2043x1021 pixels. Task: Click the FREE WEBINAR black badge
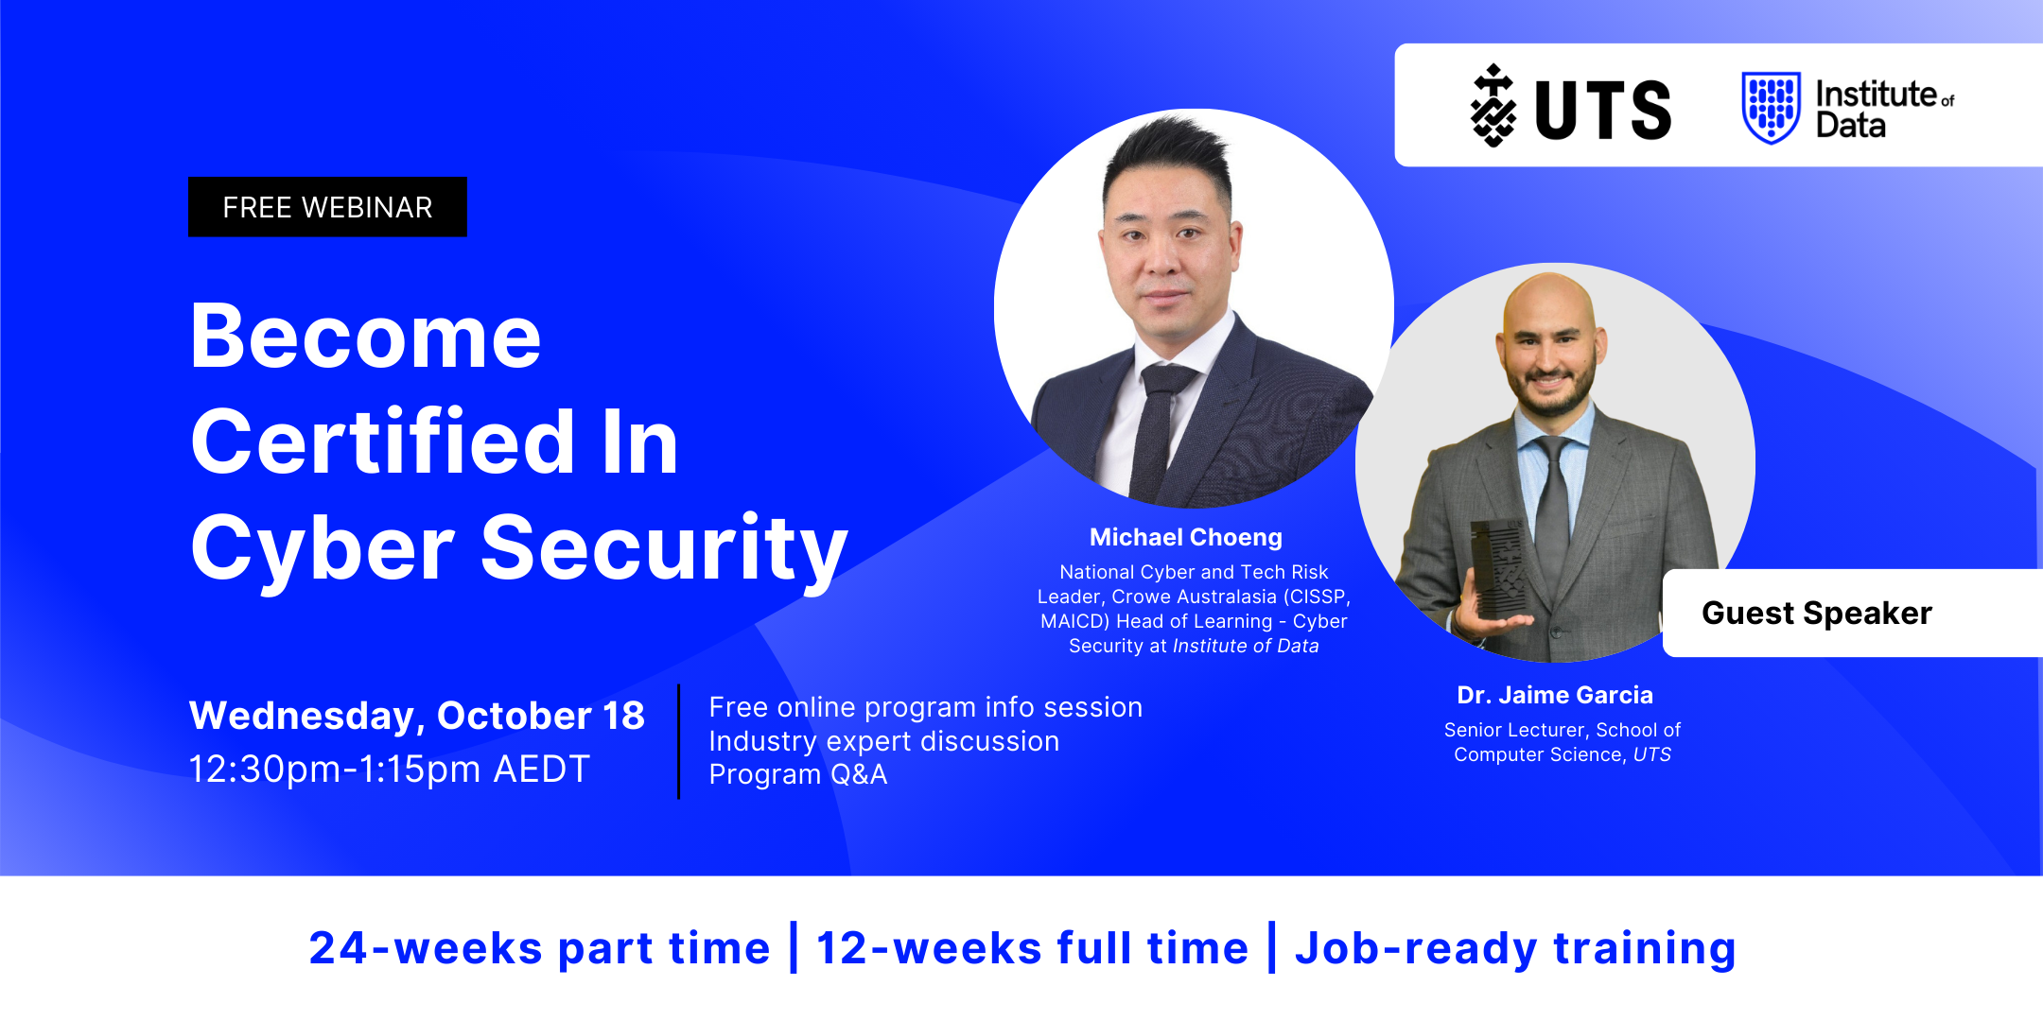coord(327,207)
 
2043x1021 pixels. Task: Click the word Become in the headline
coord(366,337)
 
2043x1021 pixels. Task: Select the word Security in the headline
coord(664,549)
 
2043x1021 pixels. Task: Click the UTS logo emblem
coord(1493,106)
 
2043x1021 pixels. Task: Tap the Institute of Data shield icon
coord(1771,108)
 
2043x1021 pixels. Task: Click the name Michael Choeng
coord(1186,537)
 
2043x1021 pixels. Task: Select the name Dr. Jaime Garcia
coord(1555,695)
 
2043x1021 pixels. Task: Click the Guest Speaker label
coord(1817,613)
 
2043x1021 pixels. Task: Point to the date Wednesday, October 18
coord(417,716)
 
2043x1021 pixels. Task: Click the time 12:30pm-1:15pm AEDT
coord(390,769)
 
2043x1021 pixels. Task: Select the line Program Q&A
coord(798,774)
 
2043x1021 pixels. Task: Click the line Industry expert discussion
coord(884,741)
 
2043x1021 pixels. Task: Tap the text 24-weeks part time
coord(540,948)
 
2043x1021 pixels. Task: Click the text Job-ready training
coord(1516,948)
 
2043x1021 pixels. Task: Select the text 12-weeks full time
coord(1033,948)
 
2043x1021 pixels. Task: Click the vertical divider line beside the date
coord(678,742)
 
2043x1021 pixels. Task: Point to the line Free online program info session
coord(926,707)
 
